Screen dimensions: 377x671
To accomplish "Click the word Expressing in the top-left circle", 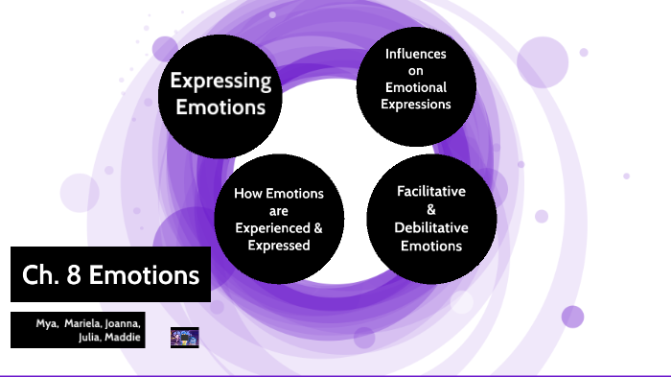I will tap(220, 81).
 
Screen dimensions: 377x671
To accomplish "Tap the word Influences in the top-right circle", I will tap(416, 54).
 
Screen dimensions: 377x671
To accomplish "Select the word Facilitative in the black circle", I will tap(431, 191).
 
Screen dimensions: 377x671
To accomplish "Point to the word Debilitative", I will tap(431, 227).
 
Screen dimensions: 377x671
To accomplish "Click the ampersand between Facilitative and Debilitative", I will tap(430, 209).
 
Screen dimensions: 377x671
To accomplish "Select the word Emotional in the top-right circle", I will tap(416, 87).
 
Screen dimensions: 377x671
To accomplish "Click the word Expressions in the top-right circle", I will tap(416, 104).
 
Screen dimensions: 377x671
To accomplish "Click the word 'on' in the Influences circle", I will tap(416, 70).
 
